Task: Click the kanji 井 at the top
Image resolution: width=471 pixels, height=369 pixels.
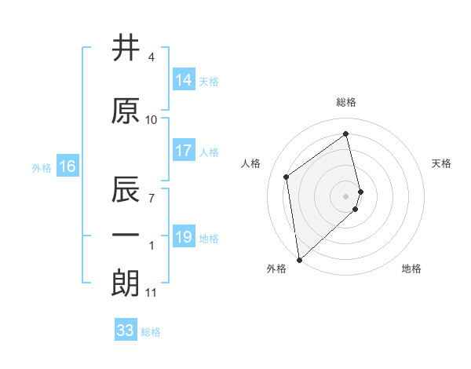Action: pyautogui.click(x=126, y=49)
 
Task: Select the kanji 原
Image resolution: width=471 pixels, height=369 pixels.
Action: pyautogui.click(x=126, y=111)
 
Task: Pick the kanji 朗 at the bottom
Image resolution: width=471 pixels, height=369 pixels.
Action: pyautogui.click(x=126, y=284)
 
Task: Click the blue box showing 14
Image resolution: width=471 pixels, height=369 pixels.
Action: pyautogui.click(x=184, y=80)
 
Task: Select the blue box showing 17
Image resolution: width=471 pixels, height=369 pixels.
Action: pyautogui.click(x=184, y=151)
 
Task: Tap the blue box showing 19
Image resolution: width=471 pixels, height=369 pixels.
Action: pyautogui.click(x=184, y=237)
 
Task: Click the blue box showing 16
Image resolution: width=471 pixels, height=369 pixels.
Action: pyautogui.click(x=67, y=166)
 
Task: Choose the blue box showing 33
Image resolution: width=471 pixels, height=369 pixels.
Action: pyautogui.click(x=126, y=331)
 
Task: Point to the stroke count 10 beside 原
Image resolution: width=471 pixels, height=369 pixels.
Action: pyautogui.click(x=152, y=120)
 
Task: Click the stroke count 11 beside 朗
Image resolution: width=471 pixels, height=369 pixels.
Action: pyautogui.click(x=152, y=293)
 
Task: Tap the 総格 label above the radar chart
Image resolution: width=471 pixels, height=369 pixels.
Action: pyautogui.click(x=346, y=102)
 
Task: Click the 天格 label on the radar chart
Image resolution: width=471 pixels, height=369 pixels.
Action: pyautogui.click(x=442, y=163)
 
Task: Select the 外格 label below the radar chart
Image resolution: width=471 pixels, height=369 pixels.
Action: pyautogui.click(x=276, y=269)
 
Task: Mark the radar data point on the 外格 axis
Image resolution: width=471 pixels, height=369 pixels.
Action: pyautogui.click(x=298, y=259)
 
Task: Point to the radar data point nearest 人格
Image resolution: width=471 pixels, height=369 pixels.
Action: pyautogui.click(x=287, y=177)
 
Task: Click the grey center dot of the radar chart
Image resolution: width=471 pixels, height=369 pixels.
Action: pyautogui.click(x=346, y=195)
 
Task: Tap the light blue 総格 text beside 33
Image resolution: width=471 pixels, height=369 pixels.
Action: pyautogui.click(x=151, y=331)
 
